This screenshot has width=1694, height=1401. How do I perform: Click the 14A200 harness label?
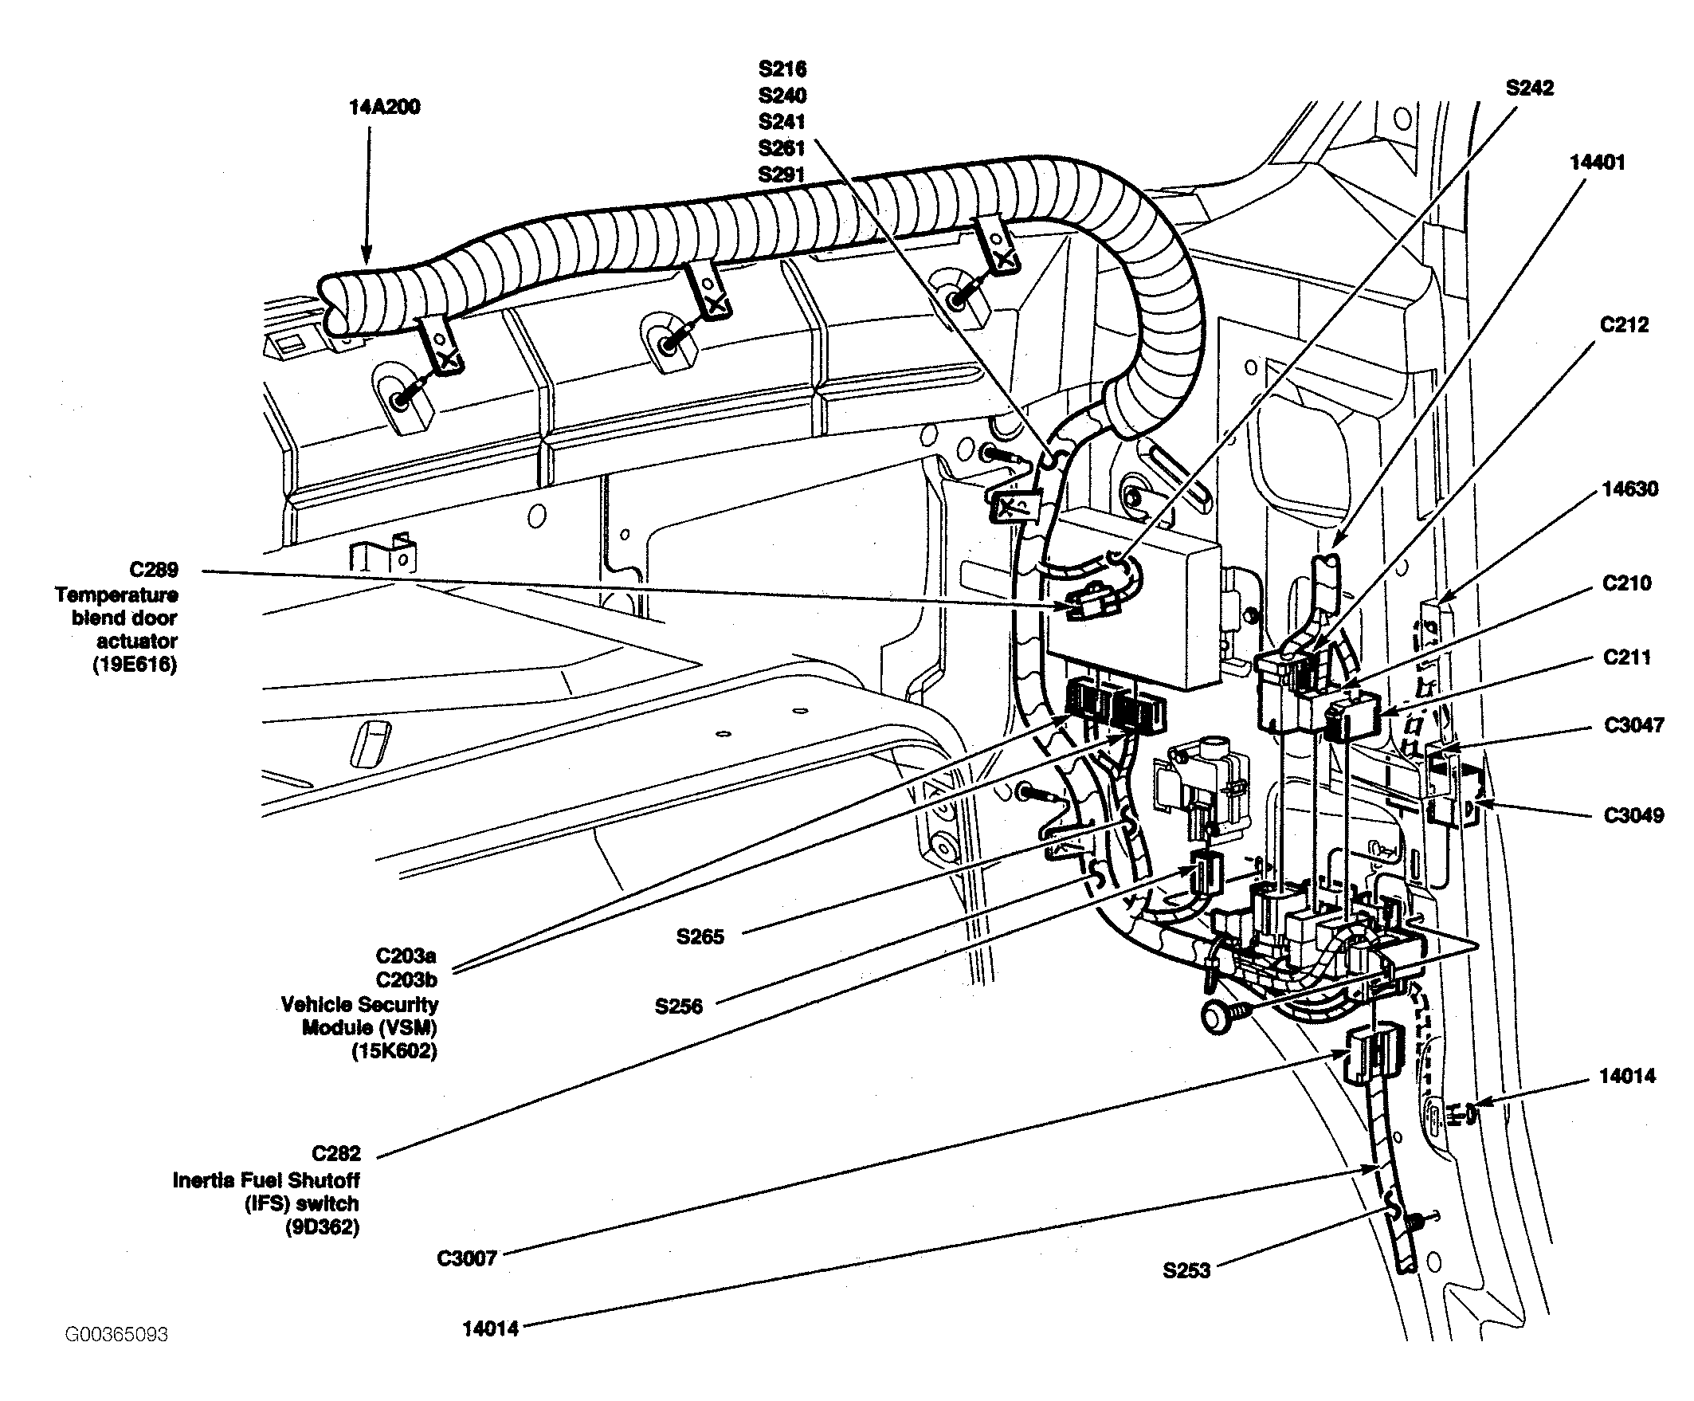(385, 107)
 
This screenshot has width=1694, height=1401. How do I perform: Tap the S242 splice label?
(1529, 87)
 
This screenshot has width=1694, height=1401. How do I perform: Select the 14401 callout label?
(1598, 162)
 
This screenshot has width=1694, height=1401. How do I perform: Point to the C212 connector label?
(1625, 324)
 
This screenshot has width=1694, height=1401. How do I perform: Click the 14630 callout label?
(1630, 489)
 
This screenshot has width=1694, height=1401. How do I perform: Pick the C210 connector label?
(1627, 583)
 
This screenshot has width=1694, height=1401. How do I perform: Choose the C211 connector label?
(1627, 657)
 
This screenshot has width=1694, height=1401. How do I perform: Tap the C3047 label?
(1634, 725)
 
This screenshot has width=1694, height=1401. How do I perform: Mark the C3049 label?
(1634, 814)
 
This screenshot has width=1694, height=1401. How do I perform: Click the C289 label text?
(154, 570)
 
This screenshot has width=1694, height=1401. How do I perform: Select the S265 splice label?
(700, 936)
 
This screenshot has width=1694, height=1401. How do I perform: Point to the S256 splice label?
(678, 1006)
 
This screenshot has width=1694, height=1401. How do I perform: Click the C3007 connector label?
(467, 1258)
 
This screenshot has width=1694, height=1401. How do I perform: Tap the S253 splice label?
(1186, 1271)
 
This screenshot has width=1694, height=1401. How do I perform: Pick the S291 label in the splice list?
(782, 175)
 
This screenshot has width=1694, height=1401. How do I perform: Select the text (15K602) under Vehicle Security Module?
(394, 1051)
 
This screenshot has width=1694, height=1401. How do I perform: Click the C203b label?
(406, 979)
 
